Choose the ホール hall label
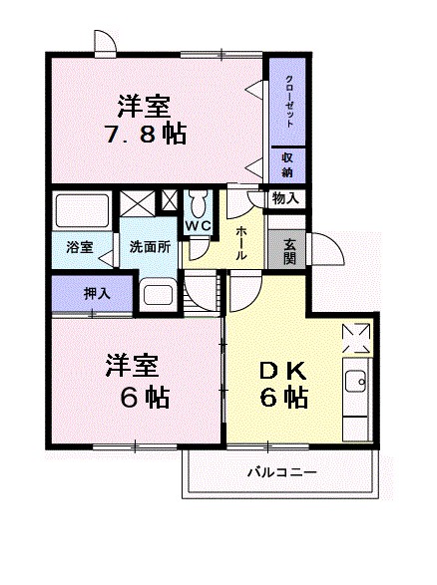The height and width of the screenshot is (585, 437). pos(242,242)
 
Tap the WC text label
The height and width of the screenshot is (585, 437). pos(198,226)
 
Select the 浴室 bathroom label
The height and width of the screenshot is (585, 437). pos(79,245)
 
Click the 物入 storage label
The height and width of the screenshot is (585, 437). pos(285,198)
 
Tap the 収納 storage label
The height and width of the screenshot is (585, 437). pos(286,164)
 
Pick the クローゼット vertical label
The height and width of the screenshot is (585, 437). pos(288,100)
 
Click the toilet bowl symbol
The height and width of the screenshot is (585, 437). pos(199,204)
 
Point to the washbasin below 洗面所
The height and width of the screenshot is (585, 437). pos(159,294)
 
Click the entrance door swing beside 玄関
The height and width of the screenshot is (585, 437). pos(325,250)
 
